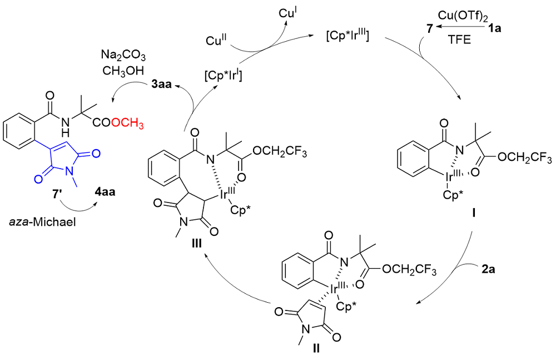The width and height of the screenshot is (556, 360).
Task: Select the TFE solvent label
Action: [x=459, y=40]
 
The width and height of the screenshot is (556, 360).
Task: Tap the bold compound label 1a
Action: [x=495, y=28]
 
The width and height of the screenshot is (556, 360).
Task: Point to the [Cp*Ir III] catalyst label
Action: [x=348, y=36]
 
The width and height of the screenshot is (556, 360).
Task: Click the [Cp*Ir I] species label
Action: [x=223, y=76]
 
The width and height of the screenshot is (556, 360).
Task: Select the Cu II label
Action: [x=216, y=40]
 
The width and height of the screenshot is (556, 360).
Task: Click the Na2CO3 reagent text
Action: [x=123, y=56]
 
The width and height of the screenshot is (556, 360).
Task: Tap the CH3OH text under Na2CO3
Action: [x=123, y=71]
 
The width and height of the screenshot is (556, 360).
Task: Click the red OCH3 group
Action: [x=127, y=124]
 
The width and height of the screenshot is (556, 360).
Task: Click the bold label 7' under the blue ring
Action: [x=57, y=194]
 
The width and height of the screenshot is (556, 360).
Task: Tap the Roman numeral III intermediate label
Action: [x=196, y=243]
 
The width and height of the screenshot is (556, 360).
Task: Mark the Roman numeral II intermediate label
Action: [x=316, y=348]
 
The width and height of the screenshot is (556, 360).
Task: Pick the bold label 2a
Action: [x=488, y=269]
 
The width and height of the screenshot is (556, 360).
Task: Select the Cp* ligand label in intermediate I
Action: [x=453, y=195]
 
